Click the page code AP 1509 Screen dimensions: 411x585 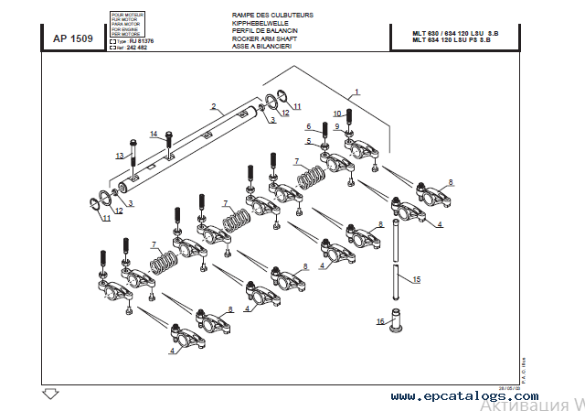pyautogui.click(x=73, y=38)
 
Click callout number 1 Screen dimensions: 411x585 pyautogui.click(x=356, y=91)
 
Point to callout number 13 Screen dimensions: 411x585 pyautogui.click(x=119, y=157)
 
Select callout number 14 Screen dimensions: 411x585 pyautogui.click(x=154, y=135)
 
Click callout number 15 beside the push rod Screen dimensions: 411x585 pyautogui.click(x=416, y=279)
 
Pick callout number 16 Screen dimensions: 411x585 pyautogui.click(x=380, y=321)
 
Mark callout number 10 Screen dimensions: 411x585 pyautogui.click(x=336, y=114)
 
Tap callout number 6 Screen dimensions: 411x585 pyautogui.click(x=309, y=126)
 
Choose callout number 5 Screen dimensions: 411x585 pyautogui.click(x=309, y=142)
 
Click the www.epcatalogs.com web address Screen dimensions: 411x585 pyautogui.click(x=464, y=395)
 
